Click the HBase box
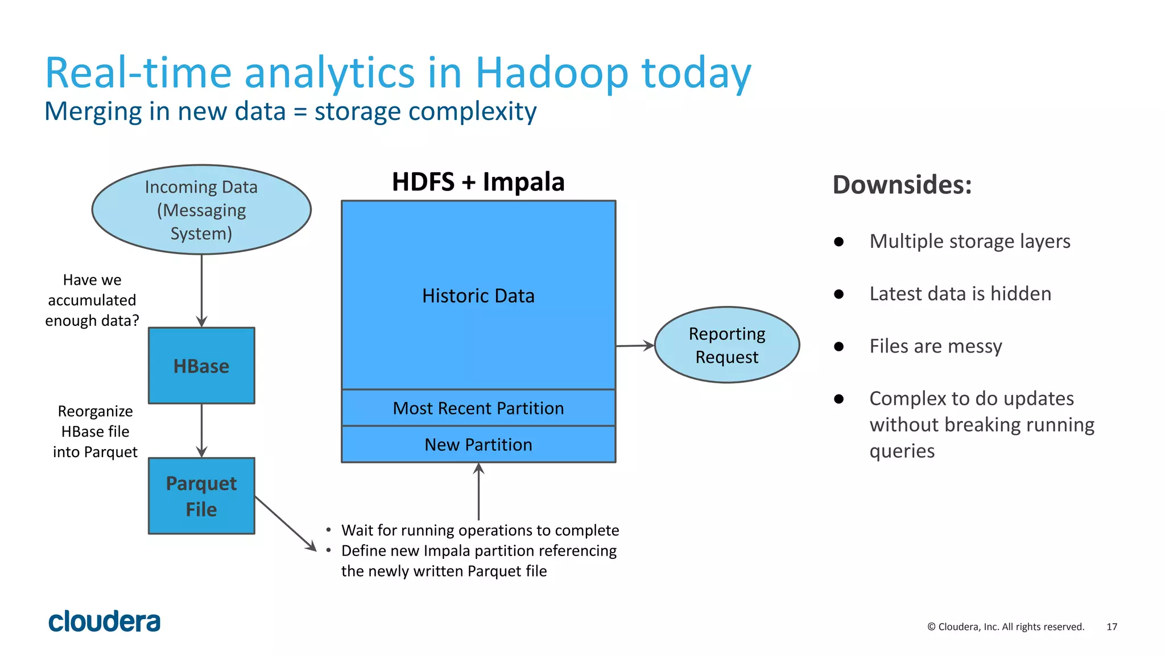coord(201,366)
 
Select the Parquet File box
coord(201,496)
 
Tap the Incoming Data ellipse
coord(201,210)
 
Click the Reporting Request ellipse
coord(727,345)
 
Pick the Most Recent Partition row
coord(478,408)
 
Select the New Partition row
coord(478,445)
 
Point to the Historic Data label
coord(478,296)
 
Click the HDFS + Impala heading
coord(478,183)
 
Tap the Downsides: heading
coord(902,185)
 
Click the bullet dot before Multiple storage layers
coord(838,242)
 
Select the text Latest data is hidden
coord(960,294)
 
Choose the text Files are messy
coord(936,346)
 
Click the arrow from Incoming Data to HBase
coord(201,290)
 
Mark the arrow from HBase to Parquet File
coord(201,430)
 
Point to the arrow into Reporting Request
coord(635,345)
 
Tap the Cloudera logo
coord(105,621)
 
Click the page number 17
coord(1112,627)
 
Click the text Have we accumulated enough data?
coord(92,300)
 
